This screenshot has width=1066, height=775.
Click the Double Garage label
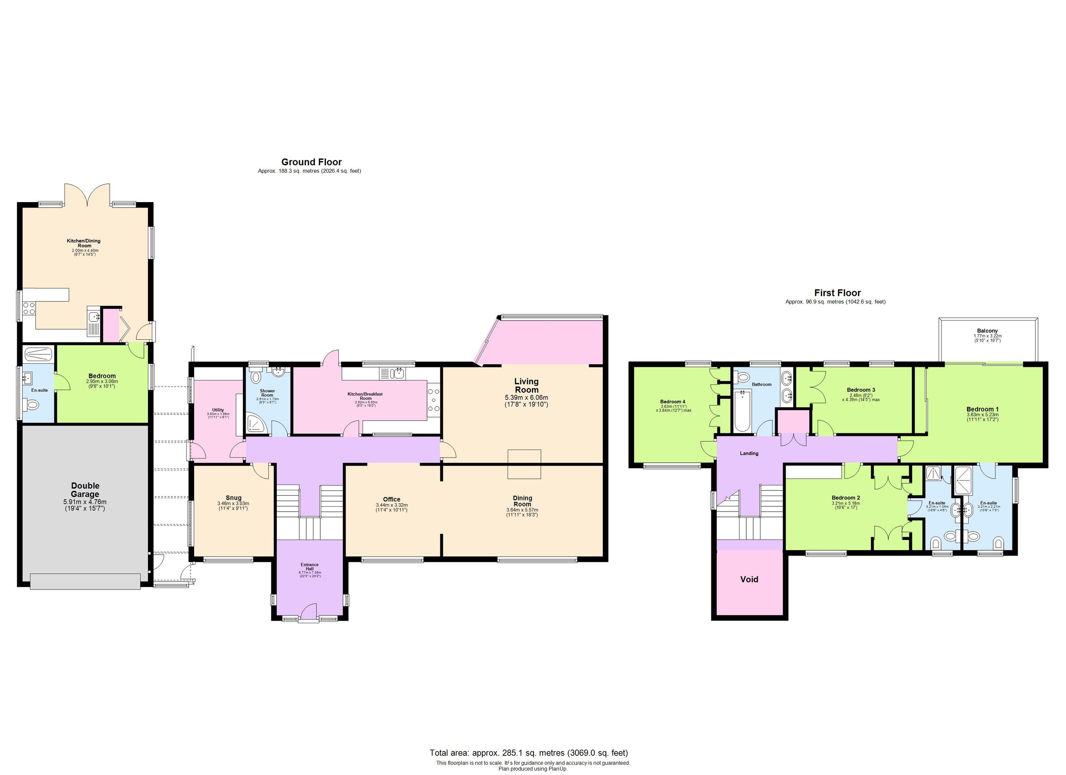[x=85, y=490]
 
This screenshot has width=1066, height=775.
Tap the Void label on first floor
[x=749, y=580]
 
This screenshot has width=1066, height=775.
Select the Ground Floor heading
[x=311, y=162]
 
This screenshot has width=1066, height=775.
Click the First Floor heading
[x=837, y=293]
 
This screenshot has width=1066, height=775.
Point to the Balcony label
[x=987, y=331]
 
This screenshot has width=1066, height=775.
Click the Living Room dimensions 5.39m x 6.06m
[x=526, y=397]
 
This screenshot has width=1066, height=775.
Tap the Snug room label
[x=233, y=498]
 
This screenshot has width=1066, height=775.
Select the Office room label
[x=391, y=499]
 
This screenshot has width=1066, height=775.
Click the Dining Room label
[x=522, y=501]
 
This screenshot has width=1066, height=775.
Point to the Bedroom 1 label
[x=982, y=409]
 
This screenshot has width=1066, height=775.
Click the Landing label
[x=749, y=453]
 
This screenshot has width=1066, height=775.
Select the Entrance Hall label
[x=309, y=567]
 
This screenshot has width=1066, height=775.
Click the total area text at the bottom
[x=528, y=752]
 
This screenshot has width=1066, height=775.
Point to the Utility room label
[x=218, y=410]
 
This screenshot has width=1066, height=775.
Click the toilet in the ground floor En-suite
[x=32, y=404]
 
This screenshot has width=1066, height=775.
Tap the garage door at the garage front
[x=85, y=581]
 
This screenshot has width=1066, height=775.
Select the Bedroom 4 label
[x=672, y=402]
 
